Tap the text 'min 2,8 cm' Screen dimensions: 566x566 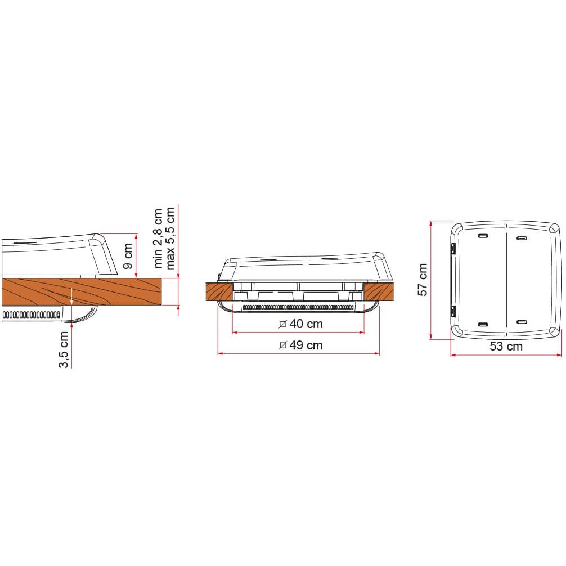coord(158,238)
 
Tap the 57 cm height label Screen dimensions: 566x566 coord(423,279)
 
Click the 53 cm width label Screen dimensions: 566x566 coord(506,347)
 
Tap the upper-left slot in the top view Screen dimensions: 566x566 coord(483,236)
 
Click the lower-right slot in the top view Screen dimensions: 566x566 coord(521,322)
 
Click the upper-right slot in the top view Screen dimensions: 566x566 coord(521,238)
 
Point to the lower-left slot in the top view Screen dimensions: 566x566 coord(483,325)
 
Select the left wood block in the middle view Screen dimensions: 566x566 coord(219,291)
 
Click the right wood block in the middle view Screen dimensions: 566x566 coord(378,291)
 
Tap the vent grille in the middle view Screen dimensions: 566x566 coord(298,307)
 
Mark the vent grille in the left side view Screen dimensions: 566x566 coord(31,313)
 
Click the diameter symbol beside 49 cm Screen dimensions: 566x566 coord(283,345)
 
